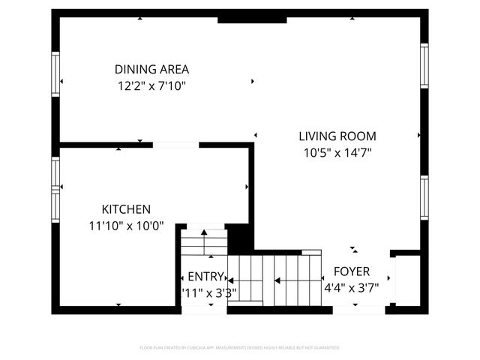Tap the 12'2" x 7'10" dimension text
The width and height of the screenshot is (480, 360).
coord(151,85)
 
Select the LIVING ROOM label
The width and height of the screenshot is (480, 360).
coord(337,136)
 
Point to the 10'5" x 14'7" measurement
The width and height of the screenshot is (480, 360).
coord(337,152)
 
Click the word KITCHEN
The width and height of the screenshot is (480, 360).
coord(126,209)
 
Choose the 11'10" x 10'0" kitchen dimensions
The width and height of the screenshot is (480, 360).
coord(126,225)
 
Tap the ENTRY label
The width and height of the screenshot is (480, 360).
coord(205,276)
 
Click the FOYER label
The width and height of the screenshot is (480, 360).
coord(351,271)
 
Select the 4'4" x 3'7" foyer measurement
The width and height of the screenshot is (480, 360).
coord(351,287)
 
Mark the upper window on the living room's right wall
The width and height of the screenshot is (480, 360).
coord(424,66)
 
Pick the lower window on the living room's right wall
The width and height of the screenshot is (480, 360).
coord(424,198)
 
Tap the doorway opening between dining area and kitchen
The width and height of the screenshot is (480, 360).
coord(175,144)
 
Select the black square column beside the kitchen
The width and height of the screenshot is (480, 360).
coord(239,238)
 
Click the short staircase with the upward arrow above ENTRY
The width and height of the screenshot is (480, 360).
coord(203,241)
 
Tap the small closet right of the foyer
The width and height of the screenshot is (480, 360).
coord(406,280)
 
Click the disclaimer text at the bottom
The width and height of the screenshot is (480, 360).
coord(240,348)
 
